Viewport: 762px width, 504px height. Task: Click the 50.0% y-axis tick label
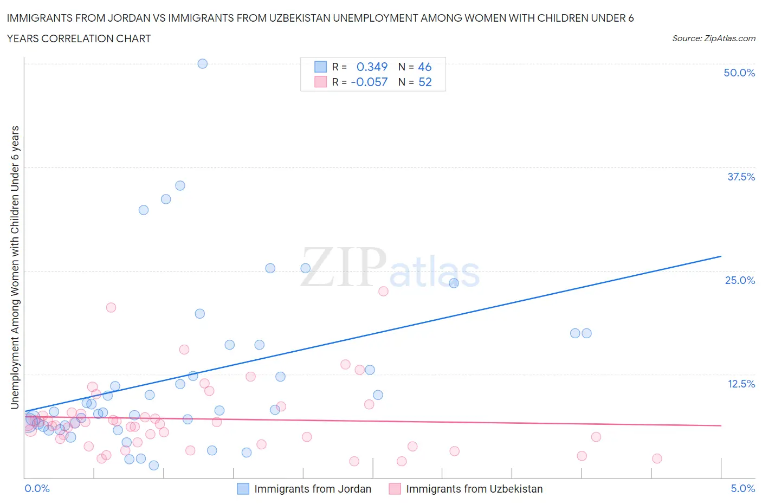click(x=739, y=73)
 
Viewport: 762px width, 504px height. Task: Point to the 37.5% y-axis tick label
click(x=741, y=177)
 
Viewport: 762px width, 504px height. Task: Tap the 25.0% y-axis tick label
click(x=740, y=280)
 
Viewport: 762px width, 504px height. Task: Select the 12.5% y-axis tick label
click(x=741, y=384)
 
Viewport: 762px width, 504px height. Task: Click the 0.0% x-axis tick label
click(x=37, y=488)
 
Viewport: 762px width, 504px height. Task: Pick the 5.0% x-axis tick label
click(x=742, y=488)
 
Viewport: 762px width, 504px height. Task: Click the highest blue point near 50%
click(x=202, y=63)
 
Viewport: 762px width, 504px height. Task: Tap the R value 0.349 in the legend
click(x=372, y=67)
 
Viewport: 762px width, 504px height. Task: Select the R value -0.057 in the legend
click(x=369, y=82)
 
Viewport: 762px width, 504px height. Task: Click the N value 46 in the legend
click(x=424, y=67)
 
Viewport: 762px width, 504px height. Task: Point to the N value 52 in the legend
click(x=425, y=82)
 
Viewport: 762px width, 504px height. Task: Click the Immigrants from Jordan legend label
click(x=313, y=489)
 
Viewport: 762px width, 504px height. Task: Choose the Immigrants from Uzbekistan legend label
click(x=474, y=489)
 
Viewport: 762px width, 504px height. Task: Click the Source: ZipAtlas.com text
click(x=713, y=38)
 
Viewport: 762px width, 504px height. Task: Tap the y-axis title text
click(x=15, y=267)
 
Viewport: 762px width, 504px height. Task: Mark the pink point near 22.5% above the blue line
click(x=383, y=291)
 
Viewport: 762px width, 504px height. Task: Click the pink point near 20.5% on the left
click(x=111, y=307)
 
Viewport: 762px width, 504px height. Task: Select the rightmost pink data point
click(x=657, y=458)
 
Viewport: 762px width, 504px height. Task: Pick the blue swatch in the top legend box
click(x=320, y=67)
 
